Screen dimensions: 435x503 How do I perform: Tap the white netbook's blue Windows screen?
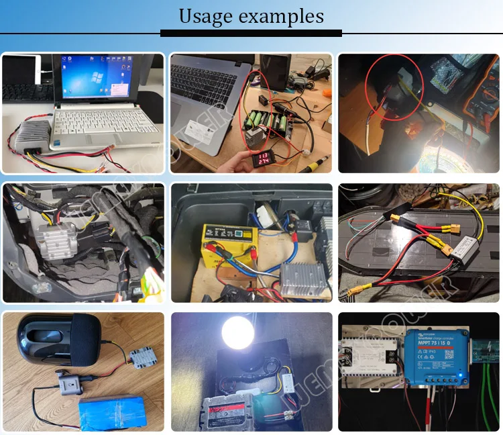[x=93, y=80]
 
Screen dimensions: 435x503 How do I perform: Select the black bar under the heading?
[x=251, y=33]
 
